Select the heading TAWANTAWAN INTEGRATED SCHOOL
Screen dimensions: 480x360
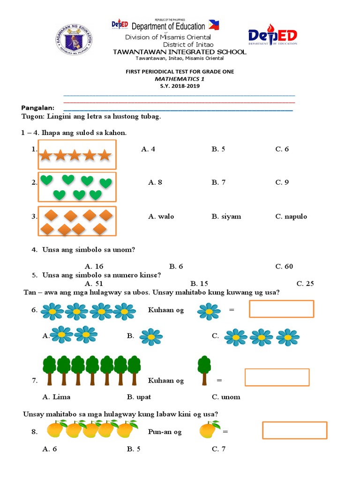click(x=180, y=52)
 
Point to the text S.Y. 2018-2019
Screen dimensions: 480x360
click(x=180, y=86)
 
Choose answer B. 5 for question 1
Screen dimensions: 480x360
click(x=218, y=149)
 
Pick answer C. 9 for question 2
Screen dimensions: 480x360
click(x=282, y=182)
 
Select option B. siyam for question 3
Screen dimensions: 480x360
click(x=226, y=216)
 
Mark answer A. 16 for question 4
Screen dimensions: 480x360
click(x=94, y=266)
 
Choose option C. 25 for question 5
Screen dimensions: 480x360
click(x=305, y=283)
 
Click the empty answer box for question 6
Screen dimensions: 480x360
click(x=281, y=309)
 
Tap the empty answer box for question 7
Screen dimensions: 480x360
click(x=277, y=377)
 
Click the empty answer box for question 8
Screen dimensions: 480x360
click(x=294, y=430)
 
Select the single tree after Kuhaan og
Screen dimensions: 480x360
click(x=204, y=370)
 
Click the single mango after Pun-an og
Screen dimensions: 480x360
click(x=210, y=429)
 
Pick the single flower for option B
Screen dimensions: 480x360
click(x=151, y=337)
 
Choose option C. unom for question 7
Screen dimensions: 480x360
click(x=226, y=397)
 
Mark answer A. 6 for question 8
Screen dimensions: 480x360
click(x=50, y=449)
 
